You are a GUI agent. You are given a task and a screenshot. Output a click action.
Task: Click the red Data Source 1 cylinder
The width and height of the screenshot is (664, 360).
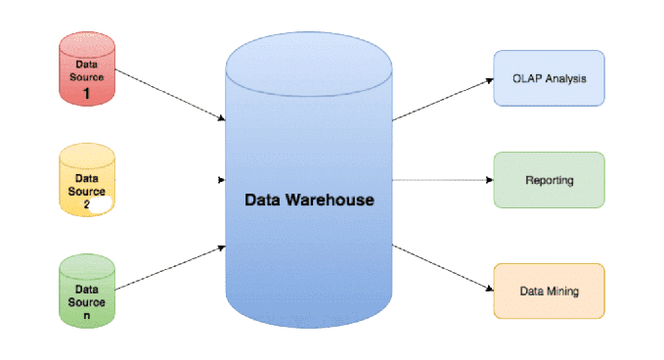(x=87, y=68)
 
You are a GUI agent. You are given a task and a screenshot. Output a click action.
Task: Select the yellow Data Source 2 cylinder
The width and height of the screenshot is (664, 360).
(x=87, y=180)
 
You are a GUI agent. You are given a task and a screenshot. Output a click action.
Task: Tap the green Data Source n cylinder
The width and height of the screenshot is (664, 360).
(x=87, y=291)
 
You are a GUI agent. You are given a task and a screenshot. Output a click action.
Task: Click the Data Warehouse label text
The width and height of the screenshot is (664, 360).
(x=309, y=200)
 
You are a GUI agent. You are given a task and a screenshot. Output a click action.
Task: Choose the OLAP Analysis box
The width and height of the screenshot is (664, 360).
(x=549, y=78)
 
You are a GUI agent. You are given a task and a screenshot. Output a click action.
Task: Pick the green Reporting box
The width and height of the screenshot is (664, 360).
(x=549, y=180)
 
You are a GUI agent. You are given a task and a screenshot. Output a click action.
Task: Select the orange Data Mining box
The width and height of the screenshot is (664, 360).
(x=549, y=291)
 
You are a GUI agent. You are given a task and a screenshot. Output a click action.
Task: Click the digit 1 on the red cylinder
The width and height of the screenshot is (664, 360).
(x=87, y=93)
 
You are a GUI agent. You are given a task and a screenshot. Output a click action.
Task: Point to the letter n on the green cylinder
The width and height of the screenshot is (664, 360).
(x=87, y=316)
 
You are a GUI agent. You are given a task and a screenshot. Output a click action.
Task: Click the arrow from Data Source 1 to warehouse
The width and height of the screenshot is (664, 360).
(x=170, y=95)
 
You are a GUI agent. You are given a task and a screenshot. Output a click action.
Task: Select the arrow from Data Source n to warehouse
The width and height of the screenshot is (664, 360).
(x=170, y=268)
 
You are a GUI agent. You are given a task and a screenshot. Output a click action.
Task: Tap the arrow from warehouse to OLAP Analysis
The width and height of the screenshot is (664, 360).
(x=443, y=100)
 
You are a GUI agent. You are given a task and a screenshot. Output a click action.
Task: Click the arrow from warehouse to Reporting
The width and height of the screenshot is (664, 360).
(x=443, y=180)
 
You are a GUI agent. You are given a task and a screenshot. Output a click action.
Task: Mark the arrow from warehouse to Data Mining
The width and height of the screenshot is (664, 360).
(x=443, y=268)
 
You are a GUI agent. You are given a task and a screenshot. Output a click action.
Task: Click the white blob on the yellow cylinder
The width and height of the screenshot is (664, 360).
(x=101, y=204)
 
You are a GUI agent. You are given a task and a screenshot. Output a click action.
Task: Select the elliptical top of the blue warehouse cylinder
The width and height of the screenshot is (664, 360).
(x=309, y=64)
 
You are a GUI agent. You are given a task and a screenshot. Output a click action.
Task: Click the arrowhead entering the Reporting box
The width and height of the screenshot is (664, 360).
(x=490, y=180)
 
